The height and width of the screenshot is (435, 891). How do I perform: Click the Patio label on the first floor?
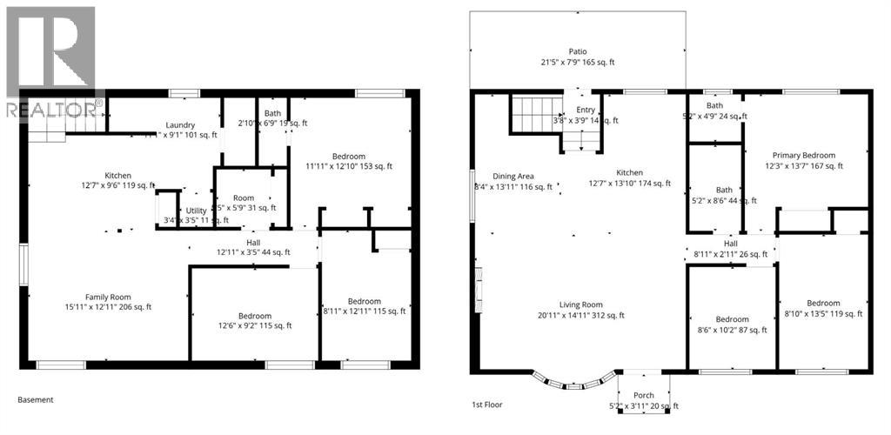tap(577, 52)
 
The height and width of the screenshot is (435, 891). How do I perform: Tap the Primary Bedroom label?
tap(804, 155)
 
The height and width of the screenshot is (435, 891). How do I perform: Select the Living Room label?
tap(580, 304)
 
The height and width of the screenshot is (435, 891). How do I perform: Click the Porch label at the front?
tap(643, 395)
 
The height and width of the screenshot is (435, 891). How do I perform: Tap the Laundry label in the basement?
tap(180, 125)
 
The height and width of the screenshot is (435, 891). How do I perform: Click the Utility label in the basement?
tap(196, 211)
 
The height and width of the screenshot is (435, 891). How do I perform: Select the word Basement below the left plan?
tap(36, 400)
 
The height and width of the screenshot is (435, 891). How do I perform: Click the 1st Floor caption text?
tap(488, 405)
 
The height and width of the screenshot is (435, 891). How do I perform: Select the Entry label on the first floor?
tap(586, 110)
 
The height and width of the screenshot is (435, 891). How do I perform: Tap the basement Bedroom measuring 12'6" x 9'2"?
tap(254, 316)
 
